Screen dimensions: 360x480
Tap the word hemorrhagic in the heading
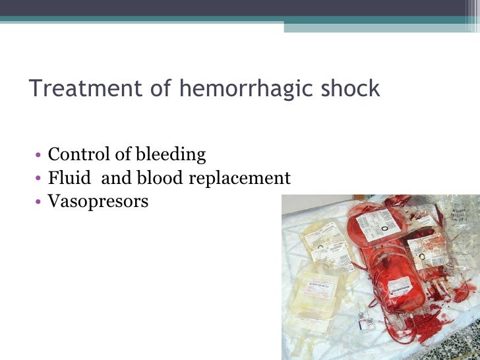pyautogui.click(x=231, y=88)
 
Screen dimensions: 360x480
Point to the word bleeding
pyautogui.click(x=171, y=156)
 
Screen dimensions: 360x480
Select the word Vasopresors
pyautogui.click(x=98, y=201)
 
